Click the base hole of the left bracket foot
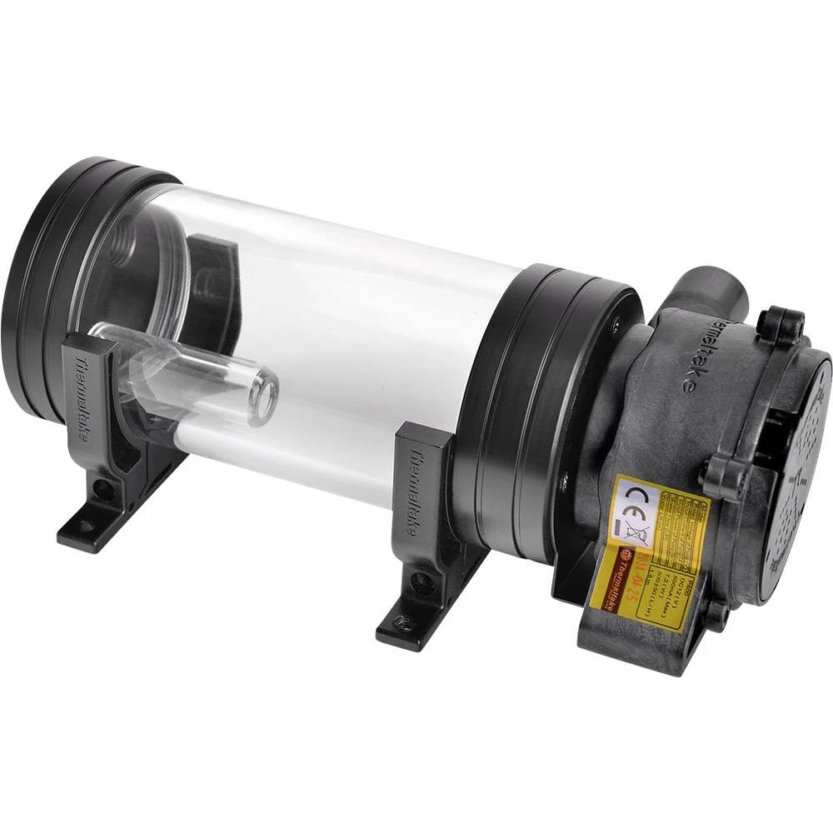[83, 526]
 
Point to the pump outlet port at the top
[708, 287]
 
